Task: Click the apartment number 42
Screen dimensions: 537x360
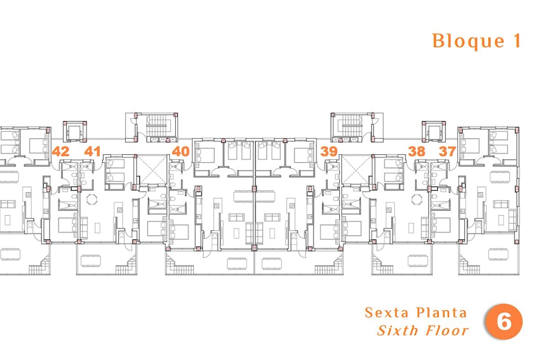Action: coord(61,151)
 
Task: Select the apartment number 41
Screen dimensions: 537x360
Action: coord(92,151)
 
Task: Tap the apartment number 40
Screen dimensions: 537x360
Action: coord(181,151)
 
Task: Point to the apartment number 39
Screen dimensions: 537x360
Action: coord(329,151)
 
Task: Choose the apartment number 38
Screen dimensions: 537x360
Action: coord(417,151)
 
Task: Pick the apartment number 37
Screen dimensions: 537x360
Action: coord(447,151)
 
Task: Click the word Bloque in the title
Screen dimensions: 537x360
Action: coord(468,41)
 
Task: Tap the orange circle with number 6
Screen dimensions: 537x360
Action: coord(504,321)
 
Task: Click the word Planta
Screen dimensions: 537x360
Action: coord(442,313)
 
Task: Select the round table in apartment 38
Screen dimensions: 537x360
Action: coord(417,199)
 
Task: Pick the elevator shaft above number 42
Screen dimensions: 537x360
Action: coord(74,132)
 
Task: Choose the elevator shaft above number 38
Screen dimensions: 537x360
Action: coord(434,132)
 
